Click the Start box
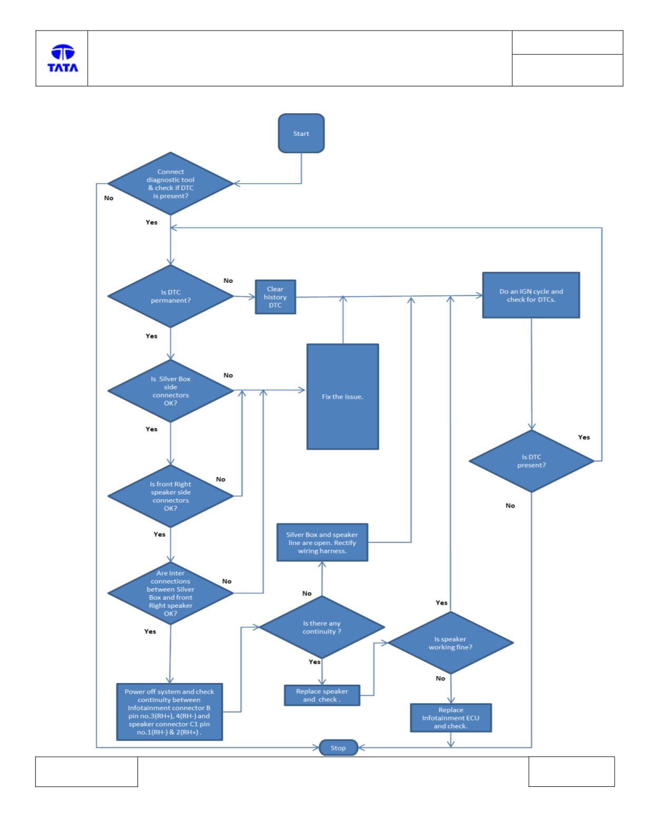[x=301, y=133]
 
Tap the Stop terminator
[x=338, y=748]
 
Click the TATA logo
[x=63, y=58]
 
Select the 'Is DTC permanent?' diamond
[x=170, y=296]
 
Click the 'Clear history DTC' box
[x=276, y=297]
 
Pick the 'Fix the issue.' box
[x=342, y=397]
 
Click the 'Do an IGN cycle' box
[x=531, y=295]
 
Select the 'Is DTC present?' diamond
[x=532, y=461]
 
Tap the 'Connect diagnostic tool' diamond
[x=170, y=183]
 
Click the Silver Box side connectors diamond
[x=170, y=391]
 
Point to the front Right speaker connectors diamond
[x=170, y=496]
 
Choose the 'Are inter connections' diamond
[x=170, y=593]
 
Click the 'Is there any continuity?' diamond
[x=322, y=627]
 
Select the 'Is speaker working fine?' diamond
[x=450, y=643]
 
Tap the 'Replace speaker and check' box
[x=322, y=695]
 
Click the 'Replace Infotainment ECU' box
[x=450, y=718]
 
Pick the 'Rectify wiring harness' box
[x=322, y=542]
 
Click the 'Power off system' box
[x=170, y=712]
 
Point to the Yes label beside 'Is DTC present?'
[x=584, y=437]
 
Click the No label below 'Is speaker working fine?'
[x=440, y=678]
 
